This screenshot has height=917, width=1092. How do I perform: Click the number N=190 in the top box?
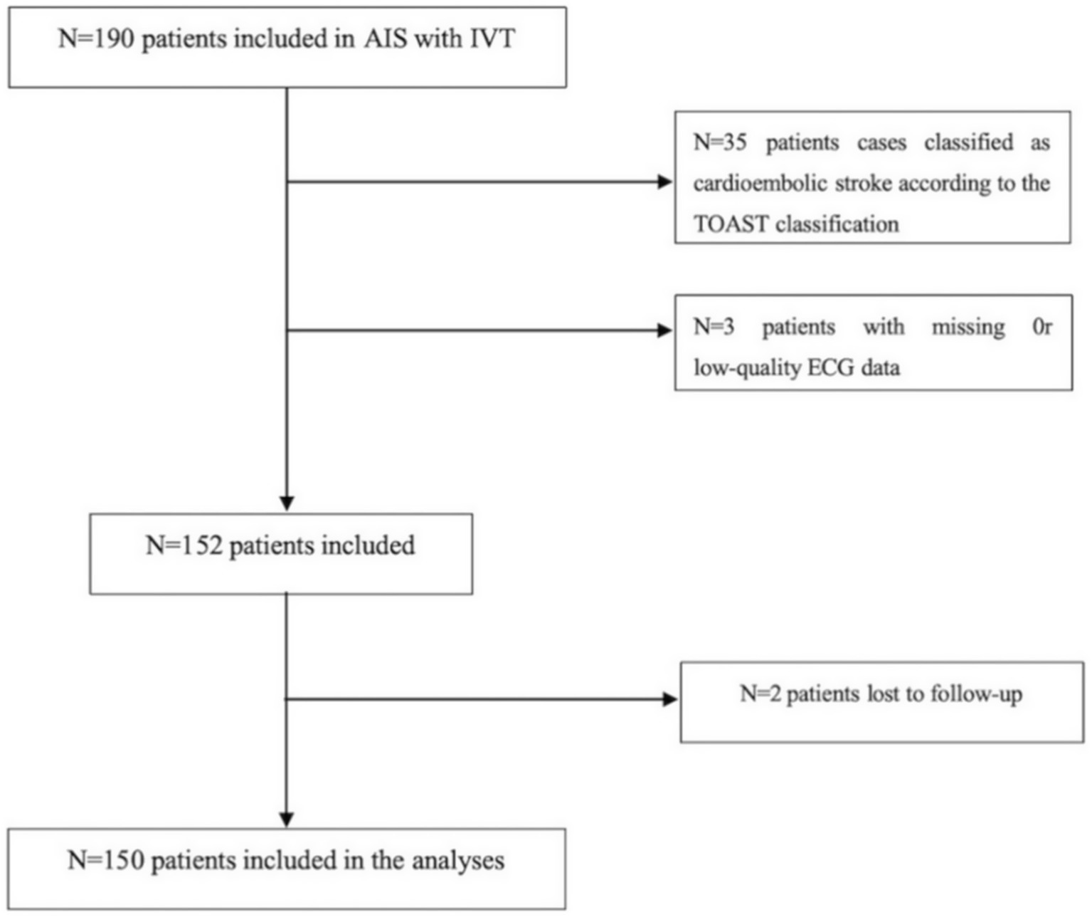pos(96,38)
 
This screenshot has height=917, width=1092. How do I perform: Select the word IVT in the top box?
pos(492,38)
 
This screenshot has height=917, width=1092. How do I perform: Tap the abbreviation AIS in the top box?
pos(386,38)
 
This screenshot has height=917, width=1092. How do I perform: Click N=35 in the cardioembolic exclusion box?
pos(720,142)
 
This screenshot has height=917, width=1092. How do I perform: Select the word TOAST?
pos(731,224)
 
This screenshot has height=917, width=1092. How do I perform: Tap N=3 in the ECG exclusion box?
pos(714,327)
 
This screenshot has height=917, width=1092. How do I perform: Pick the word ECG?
pos(831,368)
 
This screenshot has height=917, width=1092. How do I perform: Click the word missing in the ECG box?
pos(968,327)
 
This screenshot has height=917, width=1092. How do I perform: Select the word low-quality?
pos(747,368)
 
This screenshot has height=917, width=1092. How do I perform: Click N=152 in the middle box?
pos(184,546)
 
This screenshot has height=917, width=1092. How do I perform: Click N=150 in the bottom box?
pos(105,860)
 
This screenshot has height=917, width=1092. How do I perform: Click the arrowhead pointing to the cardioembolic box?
pos(664,182)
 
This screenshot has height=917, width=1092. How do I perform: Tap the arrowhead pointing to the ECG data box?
pos(664,330)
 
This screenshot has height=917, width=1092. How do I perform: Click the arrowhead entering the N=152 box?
pos(287,503)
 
